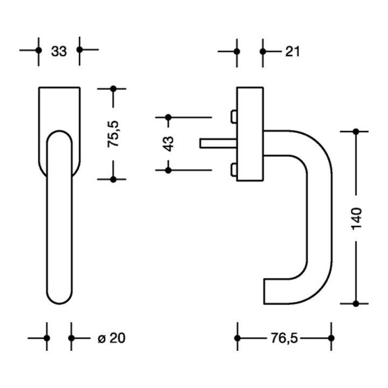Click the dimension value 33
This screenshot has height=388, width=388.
click(59, 51)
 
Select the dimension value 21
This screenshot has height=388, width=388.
click(292, 52)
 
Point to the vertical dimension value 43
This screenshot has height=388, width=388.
click(168, 143)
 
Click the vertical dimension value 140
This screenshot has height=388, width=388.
click(356, 217)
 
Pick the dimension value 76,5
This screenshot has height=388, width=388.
click(284, 338)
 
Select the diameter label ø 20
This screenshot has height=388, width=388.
click(112, 338)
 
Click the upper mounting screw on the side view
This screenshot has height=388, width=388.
click(233, 117)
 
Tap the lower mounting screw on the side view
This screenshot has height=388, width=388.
click(233, 170)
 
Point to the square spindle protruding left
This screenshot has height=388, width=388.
click(216, 143)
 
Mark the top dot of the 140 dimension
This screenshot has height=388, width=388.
click(356, 131)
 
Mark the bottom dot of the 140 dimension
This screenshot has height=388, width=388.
click(356, 303)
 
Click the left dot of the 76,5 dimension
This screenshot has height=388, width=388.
click(237, 338)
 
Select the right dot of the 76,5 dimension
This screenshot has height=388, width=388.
click(331, 338)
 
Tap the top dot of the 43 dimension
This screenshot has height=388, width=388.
click(168, 117)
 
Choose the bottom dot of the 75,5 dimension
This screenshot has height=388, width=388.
click(113, 179)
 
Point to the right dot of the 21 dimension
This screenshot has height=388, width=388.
click(263, 52)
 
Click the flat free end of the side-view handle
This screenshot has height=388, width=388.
click(265, 292)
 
